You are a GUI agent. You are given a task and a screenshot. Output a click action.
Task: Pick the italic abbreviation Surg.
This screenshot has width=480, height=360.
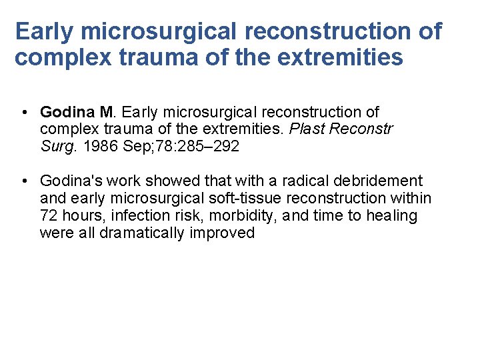57,146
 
